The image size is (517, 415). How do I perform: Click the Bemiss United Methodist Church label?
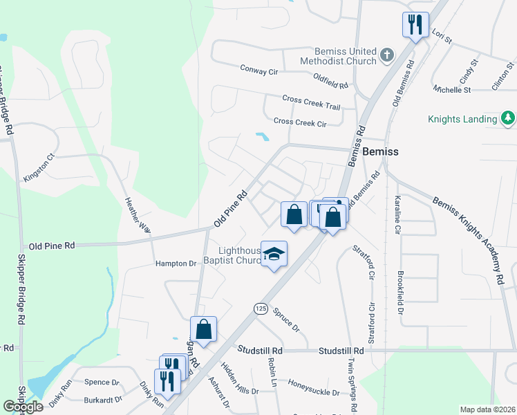click(335, 56)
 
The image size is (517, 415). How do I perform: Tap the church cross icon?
click(387, 55)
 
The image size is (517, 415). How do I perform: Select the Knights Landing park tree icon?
click(508, 118)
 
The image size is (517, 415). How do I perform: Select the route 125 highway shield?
click(260, 308)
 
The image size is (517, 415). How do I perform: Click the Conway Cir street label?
click(258, 70)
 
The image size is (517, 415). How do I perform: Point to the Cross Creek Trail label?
click(312, 102)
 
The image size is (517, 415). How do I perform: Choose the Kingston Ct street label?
click(37, 167)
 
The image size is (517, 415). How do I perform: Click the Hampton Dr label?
click(176, 264)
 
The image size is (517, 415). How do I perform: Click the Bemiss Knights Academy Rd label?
click(468, 239)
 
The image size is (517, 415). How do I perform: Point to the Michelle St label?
click(452, 90)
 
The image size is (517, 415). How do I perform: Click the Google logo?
click(23, 407)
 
